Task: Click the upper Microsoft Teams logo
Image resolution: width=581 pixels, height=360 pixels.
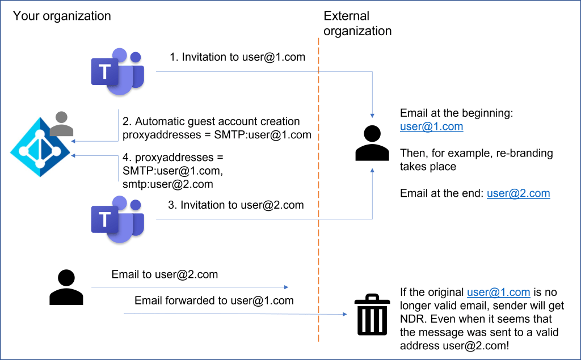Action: coord(118,72)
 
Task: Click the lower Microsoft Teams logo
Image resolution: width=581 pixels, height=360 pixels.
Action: coord(118,219)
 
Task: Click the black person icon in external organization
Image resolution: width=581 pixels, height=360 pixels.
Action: coord(372,143)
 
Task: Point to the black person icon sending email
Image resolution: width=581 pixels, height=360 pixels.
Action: coord(66,287)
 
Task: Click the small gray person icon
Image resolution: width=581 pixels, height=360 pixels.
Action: coord(61,124)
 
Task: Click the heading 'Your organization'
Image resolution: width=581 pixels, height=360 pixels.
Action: coord(62,15)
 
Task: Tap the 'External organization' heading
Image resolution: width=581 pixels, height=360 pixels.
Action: coord(357,23)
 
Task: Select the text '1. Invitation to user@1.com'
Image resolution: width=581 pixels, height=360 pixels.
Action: coord(237,57)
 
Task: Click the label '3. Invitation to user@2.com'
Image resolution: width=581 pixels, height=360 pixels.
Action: coord(236,205)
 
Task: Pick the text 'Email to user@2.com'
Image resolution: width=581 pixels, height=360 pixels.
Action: coord(165,274)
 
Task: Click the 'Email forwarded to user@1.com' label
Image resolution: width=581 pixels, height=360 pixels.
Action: coord(214,300)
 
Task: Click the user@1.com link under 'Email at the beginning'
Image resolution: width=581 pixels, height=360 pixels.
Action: coord(431,126)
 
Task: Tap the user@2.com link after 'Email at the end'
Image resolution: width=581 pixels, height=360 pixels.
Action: coord(518,193)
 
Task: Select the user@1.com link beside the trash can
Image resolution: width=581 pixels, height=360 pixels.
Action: coord(498,293)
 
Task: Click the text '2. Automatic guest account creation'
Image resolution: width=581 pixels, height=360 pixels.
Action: coord(211,122)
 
